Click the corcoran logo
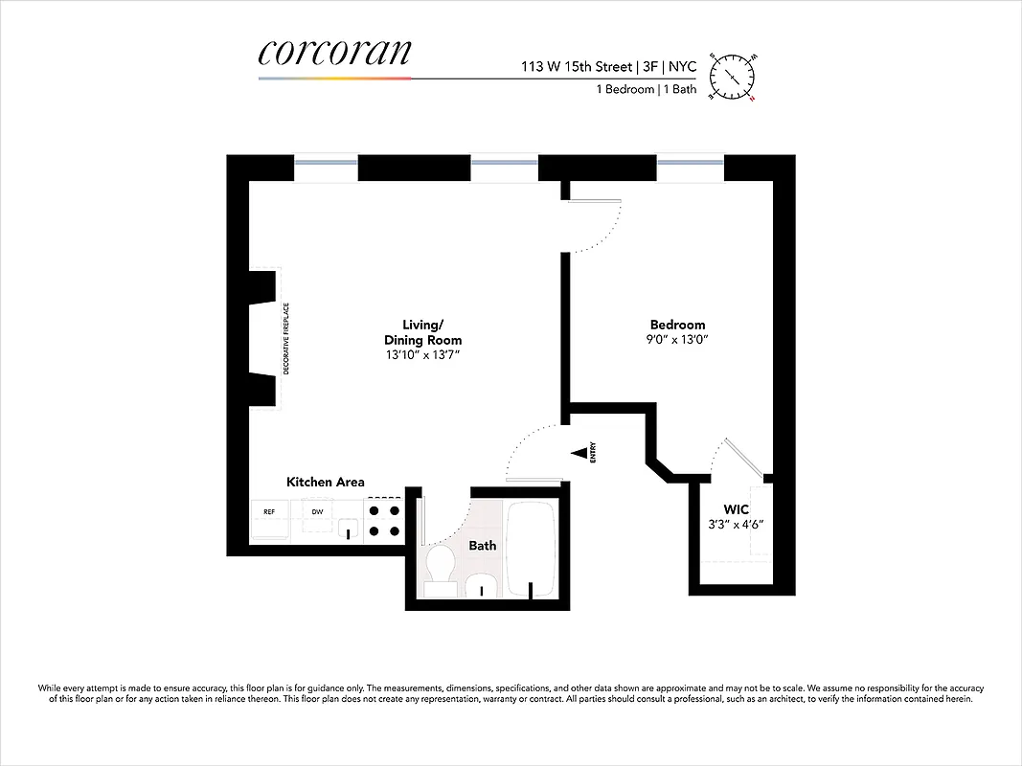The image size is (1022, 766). click(x=334, y=54)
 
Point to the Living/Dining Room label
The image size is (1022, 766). click(x=422, y=332)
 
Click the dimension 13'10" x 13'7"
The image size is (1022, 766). click(x=422, y=355)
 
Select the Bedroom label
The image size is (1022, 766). click(x=677, y=325)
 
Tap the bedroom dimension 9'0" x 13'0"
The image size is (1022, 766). click(x=677, y=340)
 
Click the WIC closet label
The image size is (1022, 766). click(x=736, y=509)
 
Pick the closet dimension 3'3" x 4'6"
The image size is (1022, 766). click(x=736, y=525)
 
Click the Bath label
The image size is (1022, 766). click(x=482, y=546)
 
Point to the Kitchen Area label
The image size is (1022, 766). click(x=326, y=482)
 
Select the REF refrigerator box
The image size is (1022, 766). click(x=269, y=512)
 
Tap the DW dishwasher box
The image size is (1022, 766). click(x=316, y=512)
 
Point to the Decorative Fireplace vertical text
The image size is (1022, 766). click(x=285, y=351)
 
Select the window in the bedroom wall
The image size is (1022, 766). click(x=690, y=163)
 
